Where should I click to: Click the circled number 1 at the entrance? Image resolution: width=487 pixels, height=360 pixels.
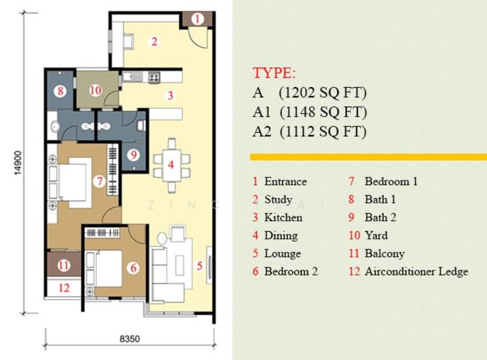pyautogui.click(x=197, y=19)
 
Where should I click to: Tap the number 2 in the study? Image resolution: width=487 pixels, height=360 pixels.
pyautogui.click(x=155, y=41)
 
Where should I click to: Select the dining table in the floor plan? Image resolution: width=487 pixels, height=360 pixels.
pyautogui.click(x=172, y=166)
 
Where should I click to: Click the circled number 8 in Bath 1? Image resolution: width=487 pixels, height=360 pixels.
pyautogui.click(x=60, y=91)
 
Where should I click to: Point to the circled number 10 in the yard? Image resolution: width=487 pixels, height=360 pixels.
pyautogui.click(x=96, y=90)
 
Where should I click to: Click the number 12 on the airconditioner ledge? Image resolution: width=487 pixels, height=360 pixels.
pyautogui.click(x=65, y=288)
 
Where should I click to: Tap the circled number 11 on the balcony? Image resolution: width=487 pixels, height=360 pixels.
pyautogui.click(x=64, y=266)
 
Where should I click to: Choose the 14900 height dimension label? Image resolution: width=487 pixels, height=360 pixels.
pyautogui.click(x=18, y=163)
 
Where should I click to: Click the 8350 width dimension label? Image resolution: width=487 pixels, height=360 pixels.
pyautogui.click(x=130, y=339)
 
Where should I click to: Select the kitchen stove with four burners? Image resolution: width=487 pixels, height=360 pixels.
pyautogui.click(x=155, y=77)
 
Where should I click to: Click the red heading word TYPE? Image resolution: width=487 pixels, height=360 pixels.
pyautogui.click(x=275, y=73)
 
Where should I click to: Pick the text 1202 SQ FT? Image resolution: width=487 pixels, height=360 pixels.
pyautogui.click(x=323, y=93)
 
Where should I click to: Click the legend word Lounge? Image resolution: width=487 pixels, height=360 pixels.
pyautogui.click(x=282, y=253)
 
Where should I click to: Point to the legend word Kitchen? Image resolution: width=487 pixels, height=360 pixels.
pyautogui.click(x=283, y=217)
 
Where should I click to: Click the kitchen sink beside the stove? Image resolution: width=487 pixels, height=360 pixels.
pyautogui.click(x=133, y=77)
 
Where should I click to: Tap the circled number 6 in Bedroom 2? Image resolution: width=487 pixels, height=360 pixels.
pyautogui.click(x=133, y=267)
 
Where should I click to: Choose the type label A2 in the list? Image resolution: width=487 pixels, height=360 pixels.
pyautogui.click(x=262, y=132)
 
